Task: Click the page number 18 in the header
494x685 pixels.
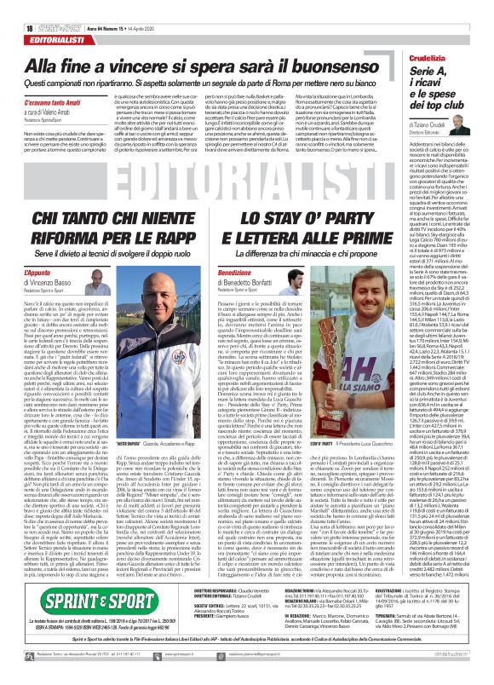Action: click(15, 8)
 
